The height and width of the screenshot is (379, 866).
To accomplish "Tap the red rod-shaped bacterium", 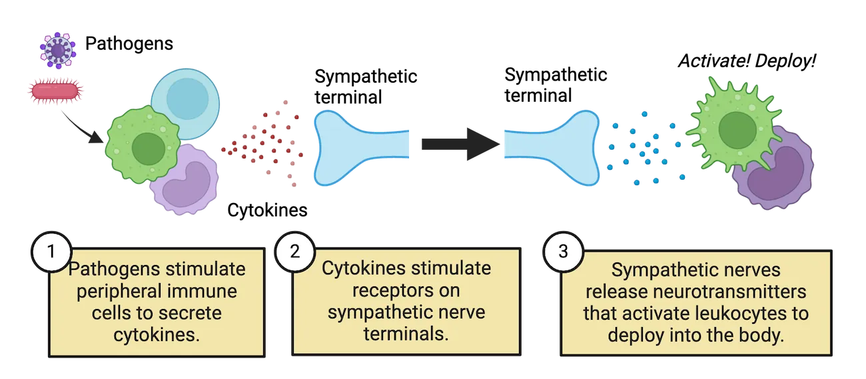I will pyautogui.click(x=53, y=91).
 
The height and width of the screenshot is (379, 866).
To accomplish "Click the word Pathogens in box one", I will pyautogui.click(x=111, y=270).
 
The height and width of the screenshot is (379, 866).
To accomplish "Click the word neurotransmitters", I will pyautogui.click(x=739, y=292).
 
